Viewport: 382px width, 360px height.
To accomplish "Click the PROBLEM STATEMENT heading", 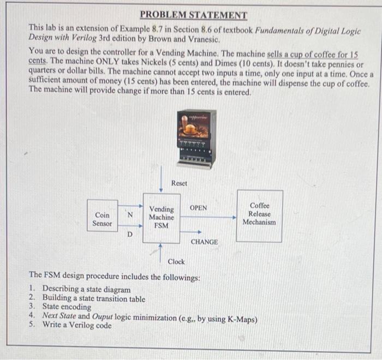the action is pos(193,15).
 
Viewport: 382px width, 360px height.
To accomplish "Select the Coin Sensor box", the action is pos(103,219).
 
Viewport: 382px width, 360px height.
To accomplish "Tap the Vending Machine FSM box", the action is pos(162,217).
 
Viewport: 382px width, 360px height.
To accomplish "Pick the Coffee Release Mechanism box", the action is pos(259,214).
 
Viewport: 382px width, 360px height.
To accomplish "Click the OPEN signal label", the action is pos(198,208).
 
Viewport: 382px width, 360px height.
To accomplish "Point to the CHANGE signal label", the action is pos(205,242).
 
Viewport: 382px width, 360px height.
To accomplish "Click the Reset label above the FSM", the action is pos(179,183).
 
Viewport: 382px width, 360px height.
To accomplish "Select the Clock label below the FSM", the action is pos(176,262).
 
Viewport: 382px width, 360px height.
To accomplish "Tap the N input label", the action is pos(130,214).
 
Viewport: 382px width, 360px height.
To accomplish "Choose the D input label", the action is pos(129,235).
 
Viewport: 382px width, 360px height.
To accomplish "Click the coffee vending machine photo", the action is pos(196,137).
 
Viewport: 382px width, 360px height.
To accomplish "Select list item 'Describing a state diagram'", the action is pos(86,289).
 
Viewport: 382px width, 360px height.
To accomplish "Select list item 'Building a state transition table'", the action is pos(94,298).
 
